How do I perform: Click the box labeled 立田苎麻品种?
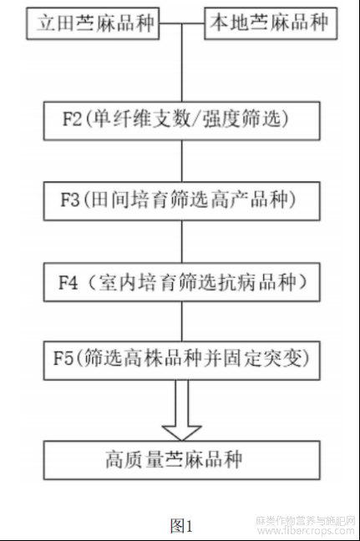tap(93, 23)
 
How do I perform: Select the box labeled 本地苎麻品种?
tap(271, 23)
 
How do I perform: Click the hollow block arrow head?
tap(181, 433)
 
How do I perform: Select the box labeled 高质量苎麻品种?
tap(181, 460)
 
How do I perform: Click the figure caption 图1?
tap(181, 526)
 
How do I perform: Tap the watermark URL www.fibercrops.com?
tap(306, 530)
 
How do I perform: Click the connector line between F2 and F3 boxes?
tap(182, 161)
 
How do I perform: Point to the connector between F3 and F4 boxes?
tap(182, 241)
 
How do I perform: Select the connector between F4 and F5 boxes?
tap(182, 321)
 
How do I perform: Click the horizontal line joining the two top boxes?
tap(182, 23)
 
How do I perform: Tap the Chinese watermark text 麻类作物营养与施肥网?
tap(306, 520)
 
